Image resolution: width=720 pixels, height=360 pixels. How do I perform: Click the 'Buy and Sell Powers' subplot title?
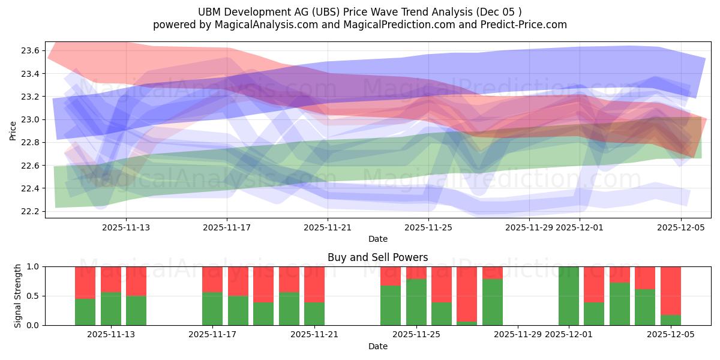(377, 257)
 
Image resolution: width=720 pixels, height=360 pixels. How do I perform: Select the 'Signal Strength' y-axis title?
(17, 296)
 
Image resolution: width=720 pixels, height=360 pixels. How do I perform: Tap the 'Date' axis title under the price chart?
(377, 239)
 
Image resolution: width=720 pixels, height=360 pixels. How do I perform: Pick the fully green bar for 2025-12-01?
(568, 296)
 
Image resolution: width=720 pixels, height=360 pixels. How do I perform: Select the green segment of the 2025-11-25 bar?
(416, 302)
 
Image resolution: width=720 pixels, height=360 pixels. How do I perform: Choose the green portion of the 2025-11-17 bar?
(212, 309)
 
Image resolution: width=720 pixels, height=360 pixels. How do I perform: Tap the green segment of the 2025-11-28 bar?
(492, 302)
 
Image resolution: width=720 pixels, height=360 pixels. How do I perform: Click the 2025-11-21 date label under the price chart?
(328, 227)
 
